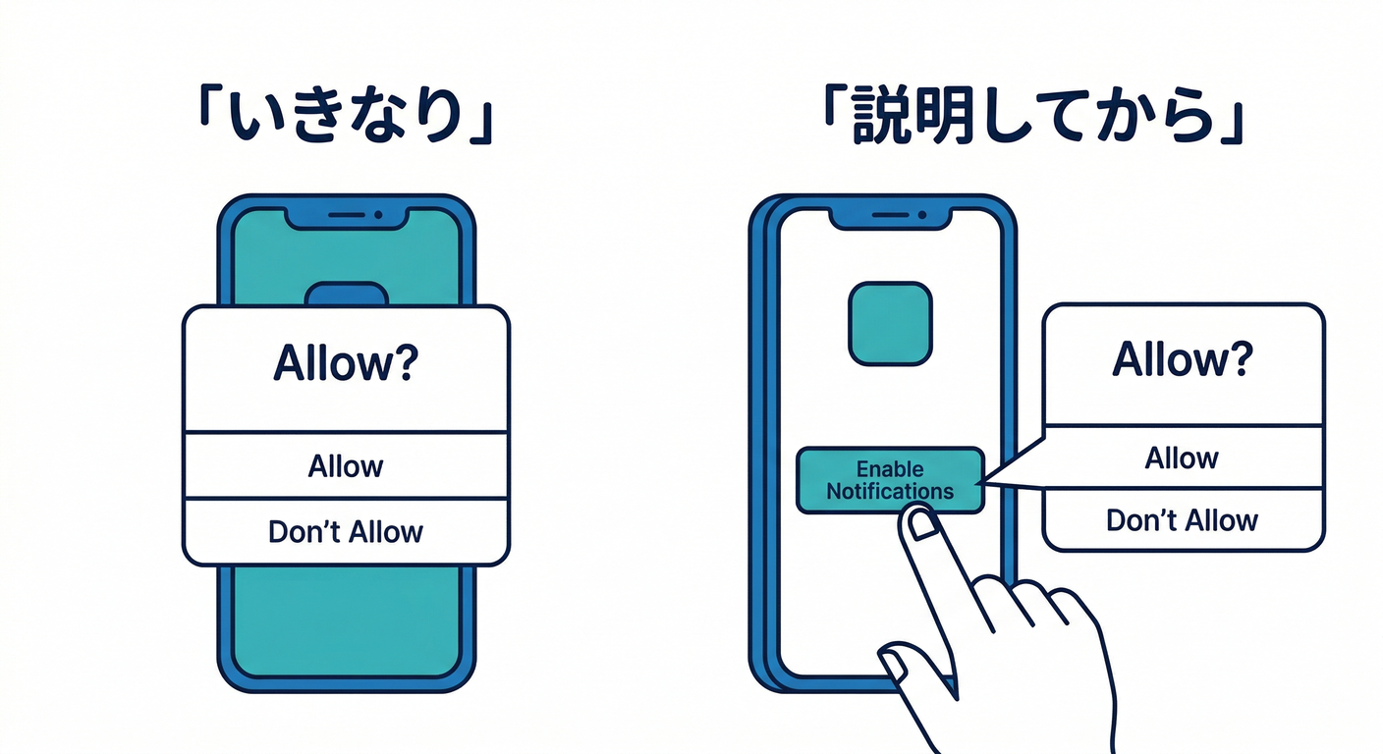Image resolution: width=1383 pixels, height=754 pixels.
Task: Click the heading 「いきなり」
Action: tap(345, 116)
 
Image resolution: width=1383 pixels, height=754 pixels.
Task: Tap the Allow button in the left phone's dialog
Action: tap(346, 465)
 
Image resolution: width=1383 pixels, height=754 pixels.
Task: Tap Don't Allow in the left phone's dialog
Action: tap(346, 532)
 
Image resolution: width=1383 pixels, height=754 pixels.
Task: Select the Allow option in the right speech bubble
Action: tap(1182, 458)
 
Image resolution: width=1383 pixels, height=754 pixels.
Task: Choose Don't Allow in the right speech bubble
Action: tap(1182, 519)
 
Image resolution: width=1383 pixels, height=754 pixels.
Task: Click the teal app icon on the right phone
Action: tap(889, 324)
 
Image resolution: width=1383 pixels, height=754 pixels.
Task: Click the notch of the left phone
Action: tap(346, 215)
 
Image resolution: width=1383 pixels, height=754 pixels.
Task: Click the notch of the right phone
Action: tap(889, 215)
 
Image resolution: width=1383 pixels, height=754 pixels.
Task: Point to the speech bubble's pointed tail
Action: tap(1002, 475)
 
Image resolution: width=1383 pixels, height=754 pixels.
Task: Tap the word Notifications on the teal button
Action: tap(889, 491)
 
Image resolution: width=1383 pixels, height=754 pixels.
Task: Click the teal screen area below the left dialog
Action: tap(346, 619)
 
